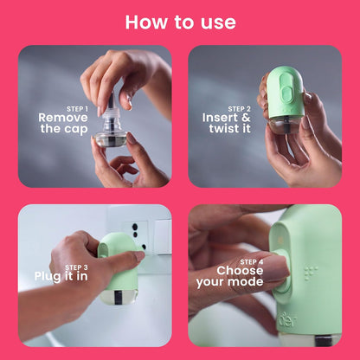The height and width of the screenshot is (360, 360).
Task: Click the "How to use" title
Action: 179,22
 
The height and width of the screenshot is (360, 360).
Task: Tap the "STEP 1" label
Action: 76,108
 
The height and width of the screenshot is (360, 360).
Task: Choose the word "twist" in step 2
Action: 225,128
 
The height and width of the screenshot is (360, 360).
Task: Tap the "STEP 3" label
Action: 77,268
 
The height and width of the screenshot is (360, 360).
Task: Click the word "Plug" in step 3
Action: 49,277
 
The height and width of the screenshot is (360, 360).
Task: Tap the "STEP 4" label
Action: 252,260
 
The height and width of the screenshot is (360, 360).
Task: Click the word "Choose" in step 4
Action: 240,269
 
